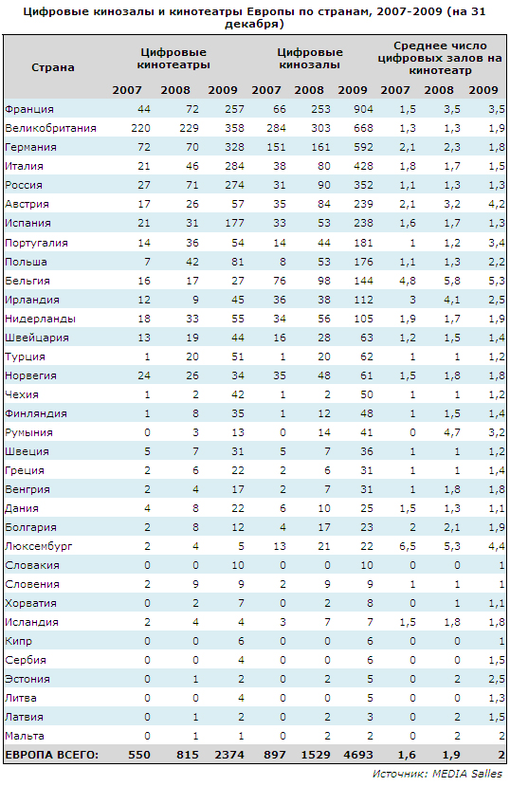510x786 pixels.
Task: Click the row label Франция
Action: point(29,109)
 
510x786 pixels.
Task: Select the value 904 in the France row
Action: point(363,109)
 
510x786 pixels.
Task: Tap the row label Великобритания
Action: point(50,128)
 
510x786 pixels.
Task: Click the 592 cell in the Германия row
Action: point(363,147)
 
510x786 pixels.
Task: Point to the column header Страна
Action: point(52,67)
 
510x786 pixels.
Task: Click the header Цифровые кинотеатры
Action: point(173,59)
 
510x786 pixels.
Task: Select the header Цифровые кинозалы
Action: point(310,59)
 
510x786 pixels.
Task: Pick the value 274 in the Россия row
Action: point(234,185)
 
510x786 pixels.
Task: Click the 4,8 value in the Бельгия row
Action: point(408,281)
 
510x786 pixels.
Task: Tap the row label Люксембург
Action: point(39,546)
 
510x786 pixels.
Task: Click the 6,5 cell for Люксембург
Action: point(408,546)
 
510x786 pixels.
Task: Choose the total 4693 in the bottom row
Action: point(357,755)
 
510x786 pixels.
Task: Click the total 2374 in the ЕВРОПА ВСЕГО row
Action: point(229,755)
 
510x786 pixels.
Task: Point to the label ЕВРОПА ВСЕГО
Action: point(51,755)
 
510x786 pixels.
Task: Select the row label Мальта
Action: point(25,736)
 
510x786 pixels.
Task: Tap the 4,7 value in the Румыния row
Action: point(452,432)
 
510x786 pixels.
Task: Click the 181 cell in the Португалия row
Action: point(363,243)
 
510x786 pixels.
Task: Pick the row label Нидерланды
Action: point(40,319)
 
